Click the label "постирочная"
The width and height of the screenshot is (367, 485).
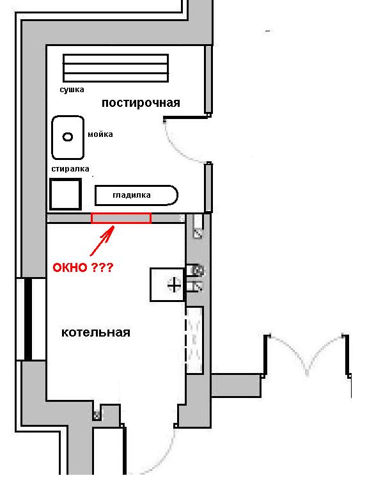(x=141, y=102)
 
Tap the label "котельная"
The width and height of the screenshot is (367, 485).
(x=96, y=333)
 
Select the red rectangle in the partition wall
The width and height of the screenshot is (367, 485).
(x=121, y=218)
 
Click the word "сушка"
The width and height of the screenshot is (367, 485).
(x=72, y=90)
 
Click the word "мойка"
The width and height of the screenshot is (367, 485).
(x=100, y=134)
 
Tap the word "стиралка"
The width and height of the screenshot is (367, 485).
(x=70, y=169)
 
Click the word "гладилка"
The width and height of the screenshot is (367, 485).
(x=132, y=195)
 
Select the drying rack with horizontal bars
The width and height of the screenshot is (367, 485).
(x=115, y=68)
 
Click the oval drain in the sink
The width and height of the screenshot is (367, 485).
(x=68, y=136)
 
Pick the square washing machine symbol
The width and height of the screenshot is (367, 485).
(x=66, y=194)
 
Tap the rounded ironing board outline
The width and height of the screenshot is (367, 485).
(x=136, y=195)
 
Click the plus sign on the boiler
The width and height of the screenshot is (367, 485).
(x=174, y=285)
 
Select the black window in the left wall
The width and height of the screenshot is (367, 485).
(x=27, y=319)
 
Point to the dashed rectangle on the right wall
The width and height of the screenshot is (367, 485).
(x=194, y=340)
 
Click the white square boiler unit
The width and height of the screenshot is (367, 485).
(x=166, y=284)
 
